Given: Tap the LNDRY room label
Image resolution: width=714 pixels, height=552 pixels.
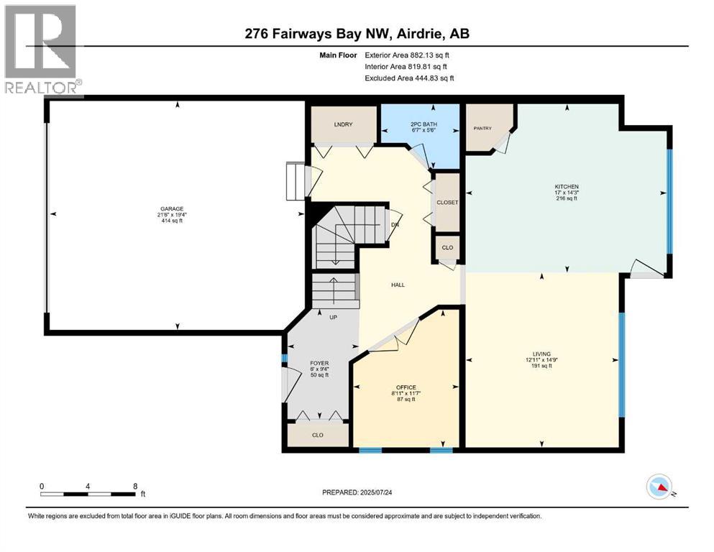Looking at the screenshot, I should click(x=343, y=125).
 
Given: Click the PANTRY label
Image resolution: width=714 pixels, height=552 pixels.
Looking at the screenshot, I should click(x=482, y=128).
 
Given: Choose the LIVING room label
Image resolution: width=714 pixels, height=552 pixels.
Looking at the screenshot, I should click(x=541, y=354).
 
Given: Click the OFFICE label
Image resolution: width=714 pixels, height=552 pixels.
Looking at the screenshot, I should click(x=406, y=387).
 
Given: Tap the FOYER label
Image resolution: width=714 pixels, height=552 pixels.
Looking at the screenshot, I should click(x=319, y=363).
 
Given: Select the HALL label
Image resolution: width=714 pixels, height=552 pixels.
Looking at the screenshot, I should click(x=398, y=285).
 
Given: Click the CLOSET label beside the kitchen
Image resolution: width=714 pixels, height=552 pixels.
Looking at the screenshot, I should click(x=448, y=203).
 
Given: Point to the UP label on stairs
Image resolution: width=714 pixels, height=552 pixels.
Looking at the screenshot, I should click(x=334, y=317).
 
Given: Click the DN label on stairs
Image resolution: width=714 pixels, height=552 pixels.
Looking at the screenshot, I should click(x=395, y=225).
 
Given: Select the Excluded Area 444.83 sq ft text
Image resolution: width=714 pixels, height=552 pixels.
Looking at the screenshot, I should click(x=409, y=78).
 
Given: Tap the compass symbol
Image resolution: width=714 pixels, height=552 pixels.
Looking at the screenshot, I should click(x=659, y=487).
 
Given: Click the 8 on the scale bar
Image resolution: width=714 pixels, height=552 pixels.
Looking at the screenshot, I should click(x=135, y=486).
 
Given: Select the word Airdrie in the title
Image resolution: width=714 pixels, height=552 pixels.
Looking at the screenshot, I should click(x=431, y=34).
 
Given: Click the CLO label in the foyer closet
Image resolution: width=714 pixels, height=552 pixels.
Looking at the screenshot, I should click(x=318, y=434).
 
